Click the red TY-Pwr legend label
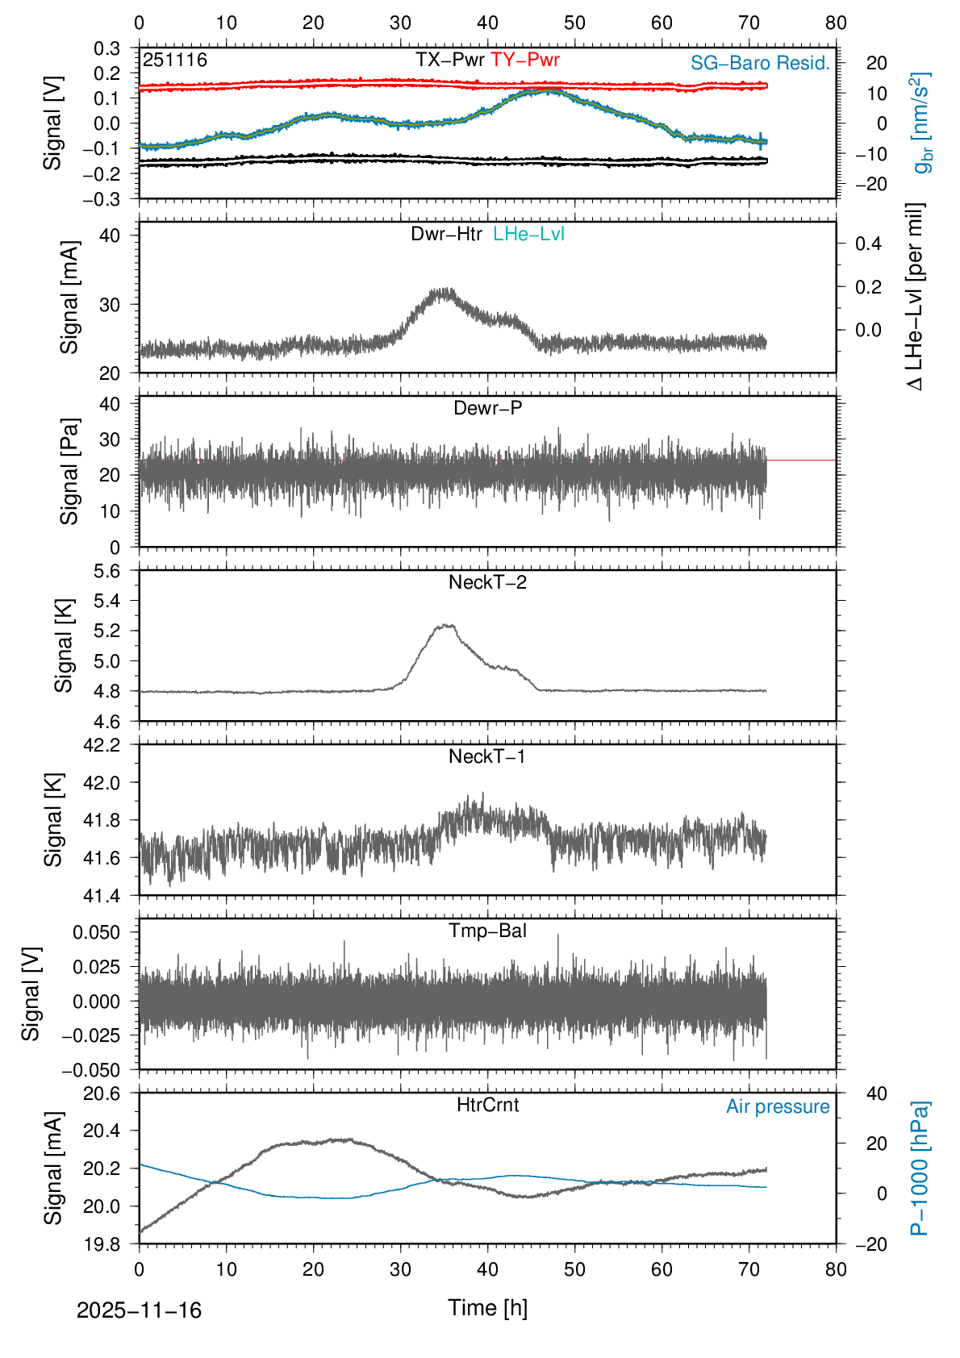[524, 60]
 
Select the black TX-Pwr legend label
[449, 60]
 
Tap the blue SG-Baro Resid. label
[760, 63]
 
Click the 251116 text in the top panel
[175, 60]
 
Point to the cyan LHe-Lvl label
[528, 235]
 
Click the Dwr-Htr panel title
[446, 235]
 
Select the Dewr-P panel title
[487, 409]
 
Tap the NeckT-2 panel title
[487, 583]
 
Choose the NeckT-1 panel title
[487, 757]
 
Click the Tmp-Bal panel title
[487, 931]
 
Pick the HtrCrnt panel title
[487, 1106]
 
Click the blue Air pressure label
[778, 1107]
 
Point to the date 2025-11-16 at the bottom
[139, 1310]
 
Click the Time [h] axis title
[487, 1308]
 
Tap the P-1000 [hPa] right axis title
[919, 1168]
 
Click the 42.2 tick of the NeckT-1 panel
[102, 745]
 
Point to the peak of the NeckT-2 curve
[445, 625]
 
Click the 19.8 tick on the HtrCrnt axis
[102, 1244]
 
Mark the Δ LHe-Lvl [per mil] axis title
[915, 297]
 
